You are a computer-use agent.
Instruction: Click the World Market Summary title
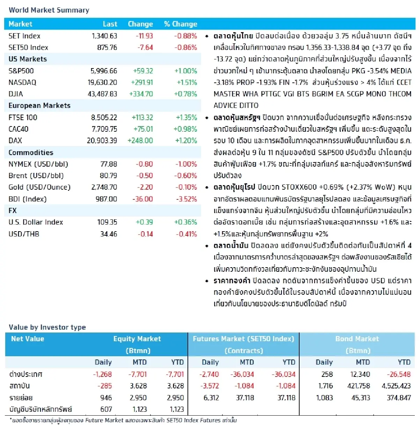pyautogui.click(x=49, y=10)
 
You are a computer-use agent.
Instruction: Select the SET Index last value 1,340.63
pyautogui.click(x=104, y=36)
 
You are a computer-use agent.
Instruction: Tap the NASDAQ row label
pyautogui.click(x=22, y=82)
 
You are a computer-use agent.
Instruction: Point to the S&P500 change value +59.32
pyautogui.click(x=143, y=71)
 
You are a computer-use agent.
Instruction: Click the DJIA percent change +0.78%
pyautogui.click(x=185, y=94)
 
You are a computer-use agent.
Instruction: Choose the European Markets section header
pyautogui.click(x=39, y=105)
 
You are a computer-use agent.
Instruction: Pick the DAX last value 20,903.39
pyautogui.click(x=102, y=140)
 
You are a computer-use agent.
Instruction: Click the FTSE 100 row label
pyautogui.click(x=23, y=117)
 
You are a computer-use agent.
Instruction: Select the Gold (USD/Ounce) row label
pyautogui.click(x=39, y=187)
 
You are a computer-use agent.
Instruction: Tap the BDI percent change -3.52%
pyautogui.click(x=186, y=199)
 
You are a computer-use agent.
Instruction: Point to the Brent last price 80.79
pyautogui.click(x=108, y=176)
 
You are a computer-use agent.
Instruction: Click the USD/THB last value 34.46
pyautogui.click(x=109, y=234)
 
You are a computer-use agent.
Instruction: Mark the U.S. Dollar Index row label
pyautogui.click(x=36, y=222)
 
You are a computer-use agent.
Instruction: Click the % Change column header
pyautogui.click(x=181, y=24)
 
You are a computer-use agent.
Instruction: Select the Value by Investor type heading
pyautogui.click(x=47, y=327)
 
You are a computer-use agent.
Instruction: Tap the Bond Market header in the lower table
pyautogui.click(x=357, y=339)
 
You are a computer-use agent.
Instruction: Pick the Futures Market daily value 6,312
pyautogui.click(x=211, y=397)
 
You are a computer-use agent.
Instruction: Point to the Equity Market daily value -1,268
pyautogui.click(x=102, y=374)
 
